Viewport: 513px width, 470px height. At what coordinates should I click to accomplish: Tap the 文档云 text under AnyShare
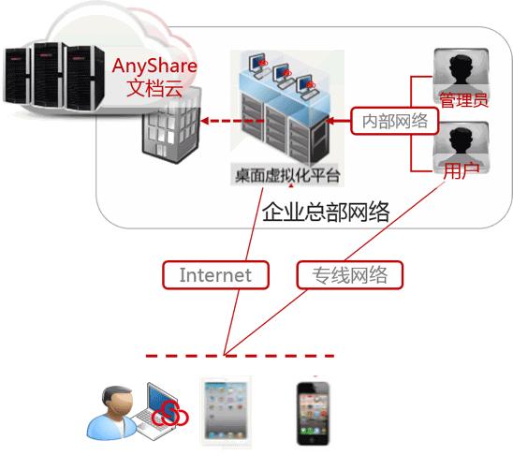coord(155,89)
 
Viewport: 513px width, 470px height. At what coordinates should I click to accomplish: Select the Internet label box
coord(215,275)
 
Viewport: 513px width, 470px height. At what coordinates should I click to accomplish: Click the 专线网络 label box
coord(349,275)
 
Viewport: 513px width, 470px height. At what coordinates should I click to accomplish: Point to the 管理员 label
coord(463,98)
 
